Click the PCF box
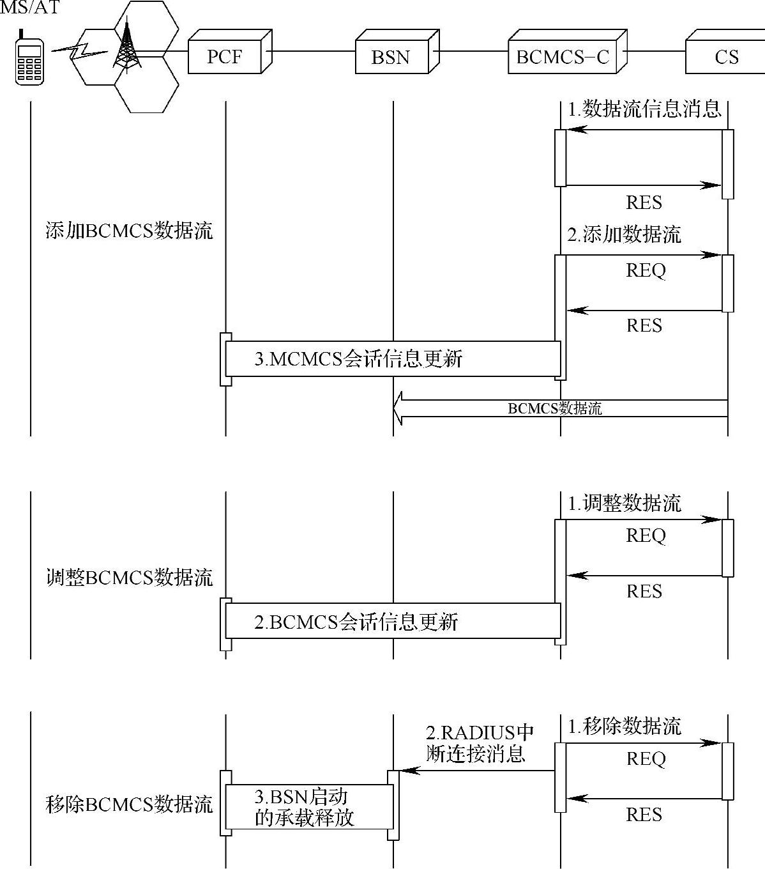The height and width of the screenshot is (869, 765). [x=225, y=57]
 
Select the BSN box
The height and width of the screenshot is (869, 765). [x=391, y=57]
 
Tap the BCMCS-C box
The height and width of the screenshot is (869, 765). [x=563, y=57]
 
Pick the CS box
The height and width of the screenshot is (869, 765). [x=726, y=57]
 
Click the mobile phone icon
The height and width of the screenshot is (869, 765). [x=29, y=59]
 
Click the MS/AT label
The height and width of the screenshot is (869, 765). [x=29, y=9]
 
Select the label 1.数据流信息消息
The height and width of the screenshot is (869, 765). [x=644, y=109]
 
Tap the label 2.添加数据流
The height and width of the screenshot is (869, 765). [x=625, y=235]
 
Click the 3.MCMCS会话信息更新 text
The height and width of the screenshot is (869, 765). [x=358, y=358]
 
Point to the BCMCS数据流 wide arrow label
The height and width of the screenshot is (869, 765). [x=554, y=408]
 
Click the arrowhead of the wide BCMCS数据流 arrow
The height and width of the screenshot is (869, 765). [x=398, y=408]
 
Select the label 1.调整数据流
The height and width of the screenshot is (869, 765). [x=625, y=504]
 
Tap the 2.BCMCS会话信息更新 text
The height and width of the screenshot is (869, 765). [x=356, y=622]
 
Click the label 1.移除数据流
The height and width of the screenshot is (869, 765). [x=625, y=726]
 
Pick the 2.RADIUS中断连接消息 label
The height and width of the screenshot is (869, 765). [x=479, y=743]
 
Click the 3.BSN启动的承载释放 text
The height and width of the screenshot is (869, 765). [x=304, y=807]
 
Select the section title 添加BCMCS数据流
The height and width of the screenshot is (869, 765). [x=129, y=230]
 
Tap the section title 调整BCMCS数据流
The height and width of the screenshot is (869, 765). [x=129, y=578]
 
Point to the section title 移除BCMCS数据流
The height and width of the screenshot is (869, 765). [x=129, y=804]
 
